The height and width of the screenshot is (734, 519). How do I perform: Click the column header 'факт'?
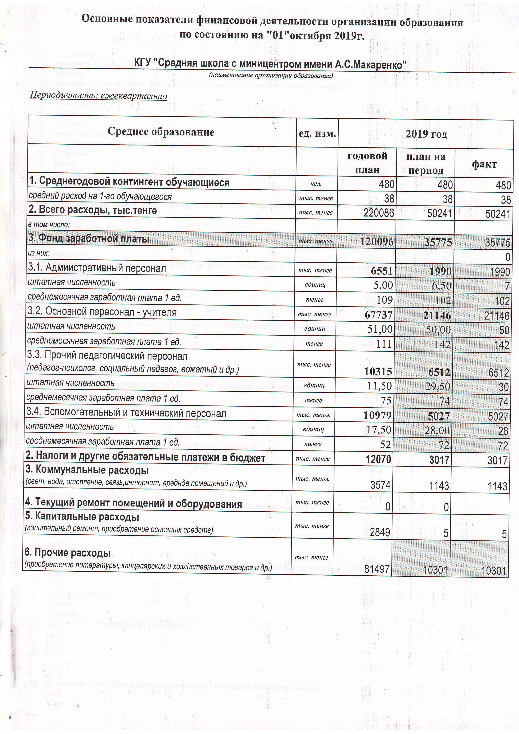[x=484, y=164]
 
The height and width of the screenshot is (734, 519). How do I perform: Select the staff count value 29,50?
[x=437, y=386]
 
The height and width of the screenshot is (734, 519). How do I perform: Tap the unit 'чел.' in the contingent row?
[x=316, y=184]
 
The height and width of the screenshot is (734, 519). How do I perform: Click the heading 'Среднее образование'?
[x=161, y=132]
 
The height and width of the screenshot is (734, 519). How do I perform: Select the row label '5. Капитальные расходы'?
[x=82, y=517]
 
